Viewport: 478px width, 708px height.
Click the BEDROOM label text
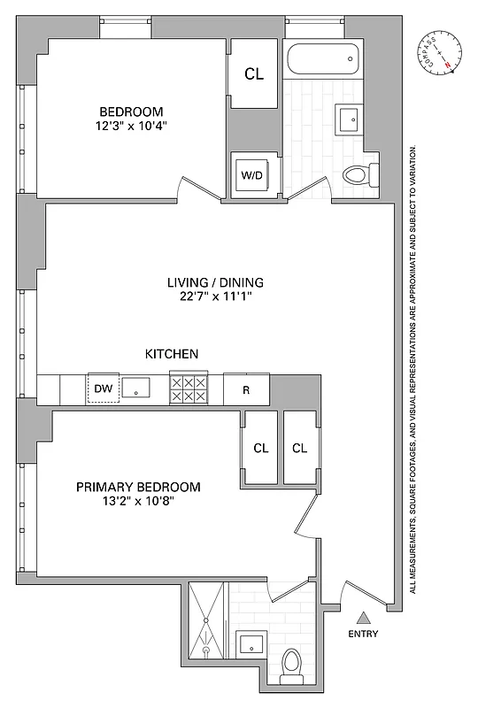tap(131, 112)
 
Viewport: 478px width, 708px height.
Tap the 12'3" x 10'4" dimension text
tap(131, 126)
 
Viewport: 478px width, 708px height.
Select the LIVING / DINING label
tap(216, 283)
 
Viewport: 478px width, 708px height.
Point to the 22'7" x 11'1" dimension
tap(216, 297)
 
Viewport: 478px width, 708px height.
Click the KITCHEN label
tap(171, 354)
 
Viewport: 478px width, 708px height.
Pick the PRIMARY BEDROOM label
tap(138, 487)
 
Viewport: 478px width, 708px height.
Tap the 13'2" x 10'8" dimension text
tap(138, 502)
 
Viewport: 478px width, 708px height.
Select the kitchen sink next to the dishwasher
tap(137, 388)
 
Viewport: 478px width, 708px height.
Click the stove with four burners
tap(188, 388)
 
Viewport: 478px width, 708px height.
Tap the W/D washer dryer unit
tap(252, 175)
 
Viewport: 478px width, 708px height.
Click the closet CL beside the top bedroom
tap(254, 75)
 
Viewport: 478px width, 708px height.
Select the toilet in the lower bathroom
tap(290, 666)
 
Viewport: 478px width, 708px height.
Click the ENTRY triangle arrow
tap(363, 619)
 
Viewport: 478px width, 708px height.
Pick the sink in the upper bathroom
tap(348, 117)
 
